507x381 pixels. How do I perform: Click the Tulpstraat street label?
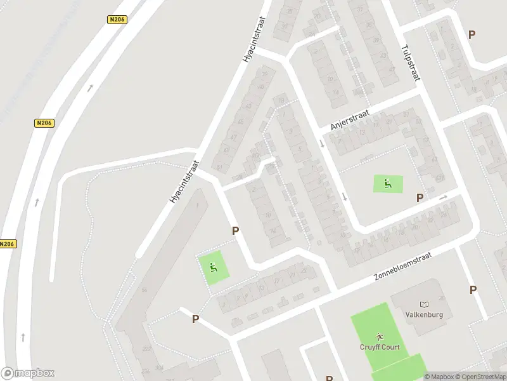coord(411,62)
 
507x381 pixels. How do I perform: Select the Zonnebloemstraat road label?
coord(404,266)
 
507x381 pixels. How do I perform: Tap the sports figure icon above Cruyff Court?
coord(379,335)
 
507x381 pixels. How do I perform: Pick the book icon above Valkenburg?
coord(424,304)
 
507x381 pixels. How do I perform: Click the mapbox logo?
coord(28,373)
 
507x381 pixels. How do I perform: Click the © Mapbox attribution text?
coord(439,377)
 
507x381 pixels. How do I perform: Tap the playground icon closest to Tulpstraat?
coord(387,184)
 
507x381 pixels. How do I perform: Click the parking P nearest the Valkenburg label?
coord(473,290)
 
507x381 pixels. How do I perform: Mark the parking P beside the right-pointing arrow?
coord(420,198)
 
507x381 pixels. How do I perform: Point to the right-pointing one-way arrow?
coord(442,197)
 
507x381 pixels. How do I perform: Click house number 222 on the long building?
coord(146,349)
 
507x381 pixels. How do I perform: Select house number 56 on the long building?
coord(144,290)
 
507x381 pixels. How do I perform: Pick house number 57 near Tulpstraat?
coord(426,140)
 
